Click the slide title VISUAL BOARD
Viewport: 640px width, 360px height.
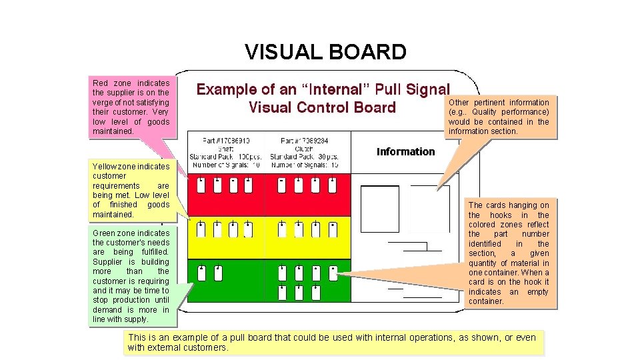click(x=325, y=52)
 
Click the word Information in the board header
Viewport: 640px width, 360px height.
click(x=405, y=151)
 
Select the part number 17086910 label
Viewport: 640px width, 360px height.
click(x=226, y=141)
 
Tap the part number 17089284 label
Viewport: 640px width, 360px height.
click(x=305, y=141)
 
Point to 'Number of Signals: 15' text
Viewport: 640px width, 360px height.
click(x=305, y=164)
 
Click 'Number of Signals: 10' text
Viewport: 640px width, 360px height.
click(x=226, y=164)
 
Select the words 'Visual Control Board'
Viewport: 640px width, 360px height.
click(x=322, y=107)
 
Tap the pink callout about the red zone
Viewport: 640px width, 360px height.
click(x=131, y=107)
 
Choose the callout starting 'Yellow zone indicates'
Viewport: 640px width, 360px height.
click(x=131, y=190)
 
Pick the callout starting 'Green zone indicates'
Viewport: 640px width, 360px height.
click(x=131, y=275)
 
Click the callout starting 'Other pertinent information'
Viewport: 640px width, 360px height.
click(x=499, y=116)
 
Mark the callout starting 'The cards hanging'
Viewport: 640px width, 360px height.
click(x=509, y=253)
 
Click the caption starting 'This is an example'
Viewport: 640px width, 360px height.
click(x=333, y=342)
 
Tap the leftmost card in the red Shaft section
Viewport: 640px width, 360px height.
click(x=201, y=186)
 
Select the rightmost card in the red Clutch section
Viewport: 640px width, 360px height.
click(x=331, y=186)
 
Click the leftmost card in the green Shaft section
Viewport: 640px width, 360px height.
click(x=201, y=273)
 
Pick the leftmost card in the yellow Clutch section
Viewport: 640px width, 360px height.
click(x=282, y=230)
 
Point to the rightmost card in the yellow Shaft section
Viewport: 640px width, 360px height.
click(x=248, y=230)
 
